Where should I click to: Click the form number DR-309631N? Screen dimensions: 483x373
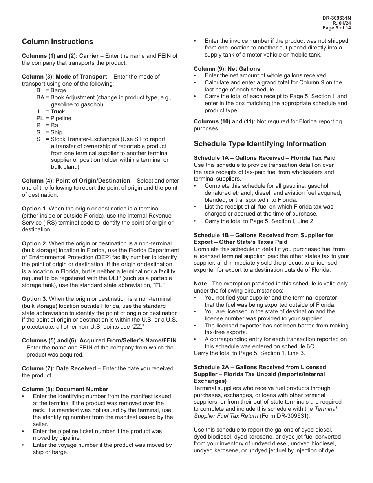336,18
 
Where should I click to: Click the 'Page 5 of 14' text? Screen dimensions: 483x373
336,28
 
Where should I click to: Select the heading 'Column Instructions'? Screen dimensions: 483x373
57,42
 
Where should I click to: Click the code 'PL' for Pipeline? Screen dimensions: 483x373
40,118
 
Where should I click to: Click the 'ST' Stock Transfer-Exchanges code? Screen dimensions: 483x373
40,139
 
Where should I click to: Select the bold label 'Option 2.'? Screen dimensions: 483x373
35,243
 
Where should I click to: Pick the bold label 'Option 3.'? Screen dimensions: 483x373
35,299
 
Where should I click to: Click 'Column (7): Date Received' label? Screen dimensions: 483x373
59,368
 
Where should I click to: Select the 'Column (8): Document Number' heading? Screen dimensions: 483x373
65,389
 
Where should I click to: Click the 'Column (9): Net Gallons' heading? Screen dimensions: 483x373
227,69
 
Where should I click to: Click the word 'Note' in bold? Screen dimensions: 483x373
200,284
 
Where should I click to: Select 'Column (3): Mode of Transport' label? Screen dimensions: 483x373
64,77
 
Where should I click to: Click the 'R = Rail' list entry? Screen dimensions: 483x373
49,125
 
